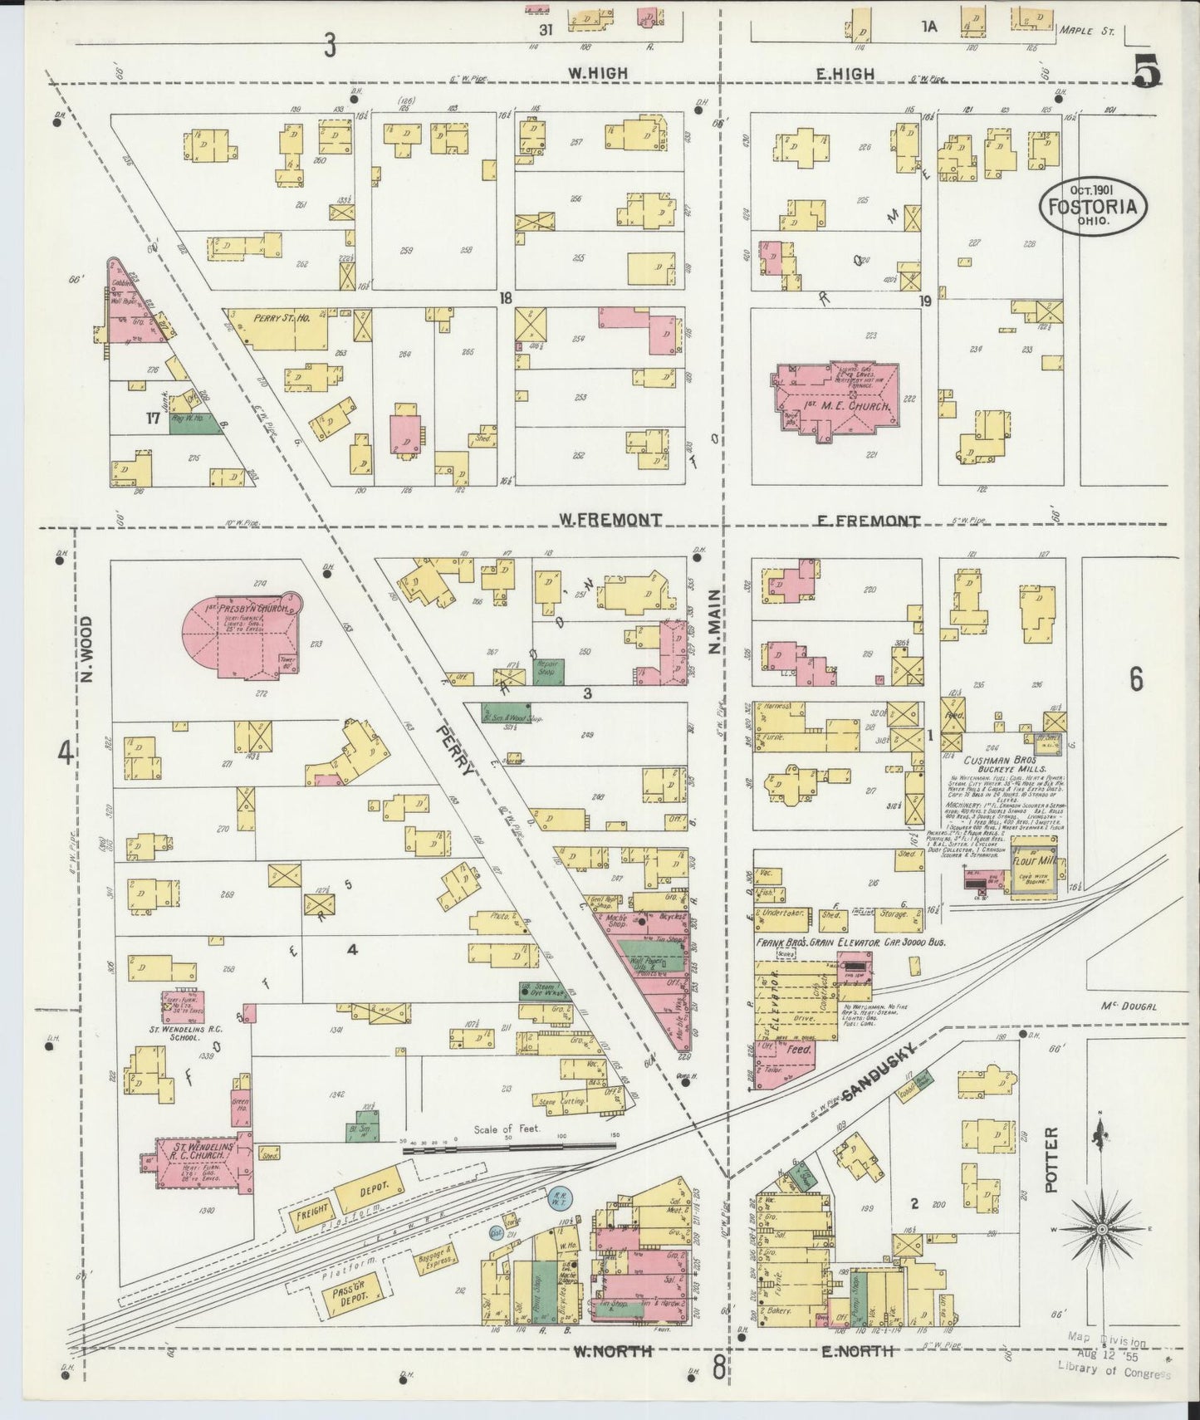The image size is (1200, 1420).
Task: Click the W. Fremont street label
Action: click(610, 520)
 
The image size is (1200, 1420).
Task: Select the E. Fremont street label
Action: click(868, 521)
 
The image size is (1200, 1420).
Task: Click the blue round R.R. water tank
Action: click(556, 1200)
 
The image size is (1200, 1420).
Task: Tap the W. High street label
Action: click(597, 74)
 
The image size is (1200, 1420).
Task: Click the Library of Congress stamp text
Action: click(1113, 1373)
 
